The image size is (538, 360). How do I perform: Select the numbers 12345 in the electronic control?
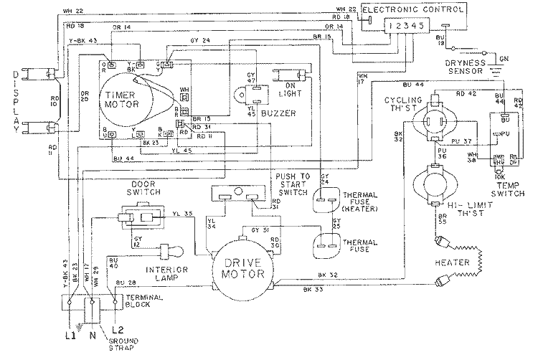click(406, 24)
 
